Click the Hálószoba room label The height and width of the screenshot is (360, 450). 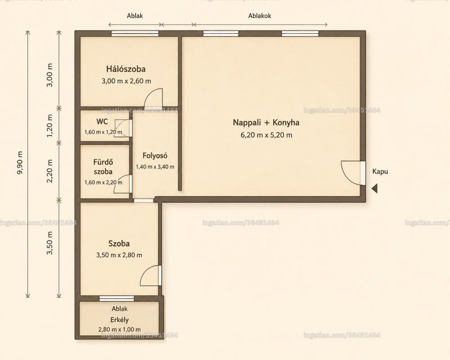pos(125,69)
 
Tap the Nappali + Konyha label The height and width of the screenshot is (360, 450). pos(266,123)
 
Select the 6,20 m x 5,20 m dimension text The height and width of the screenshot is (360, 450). pos(266,135)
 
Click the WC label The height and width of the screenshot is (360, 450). pos(102,121)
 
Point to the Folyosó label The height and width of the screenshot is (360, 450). pos(155,156)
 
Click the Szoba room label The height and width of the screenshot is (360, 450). pos(119,244)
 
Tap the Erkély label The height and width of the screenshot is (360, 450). pos(119,320)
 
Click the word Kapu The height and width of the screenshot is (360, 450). pos(380,172)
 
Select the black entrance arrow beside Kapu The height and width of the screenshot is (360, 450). pos(375,188)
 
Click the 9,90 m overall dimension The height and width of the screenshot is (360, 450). pos(20,163)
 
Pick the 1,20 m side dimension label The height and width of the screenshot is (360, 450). pos(50,126)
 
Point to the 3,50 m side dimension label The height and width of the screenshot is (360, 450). pos(50,243)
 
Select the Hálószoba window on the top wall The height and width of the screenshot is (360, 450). pos(135,34)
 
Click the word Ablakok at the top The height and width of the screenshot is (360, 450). pos(259,16)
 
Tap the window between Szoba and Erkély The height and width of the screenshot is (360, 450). pos(116,299)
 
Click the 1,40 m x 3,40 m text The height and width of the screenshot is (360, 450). pos(155,167)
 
